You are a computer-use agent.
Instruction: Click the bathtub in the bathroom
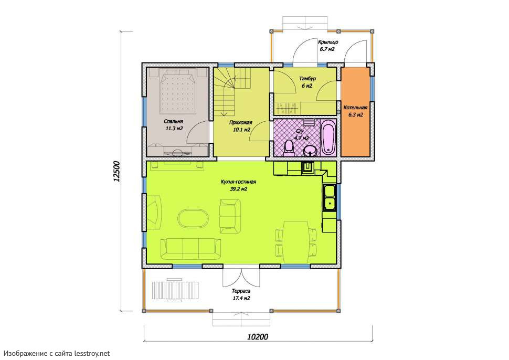coord(328,137)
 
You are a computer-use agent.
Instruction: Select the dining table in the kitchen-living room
coord(295,242)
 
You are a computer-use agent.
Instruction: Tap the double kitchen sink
coord(330,197)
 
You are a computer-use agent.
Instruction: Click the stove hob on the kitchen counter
coord(307,168)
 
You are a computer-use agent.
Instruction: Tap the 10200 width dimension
coord(258,336)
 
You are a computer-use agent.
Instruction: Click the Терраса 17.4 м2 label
coord(241,295)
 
